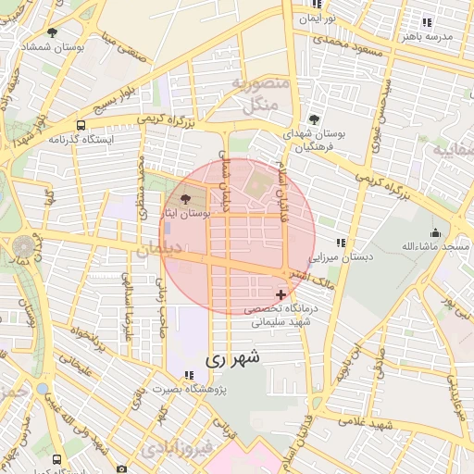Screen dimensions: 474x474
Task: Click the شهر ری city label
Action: [232, 356]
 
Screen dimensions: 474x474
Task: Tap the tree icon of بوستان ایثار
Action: [185, 199]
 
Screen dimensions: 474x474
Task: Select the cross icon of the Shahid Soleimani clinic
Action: [281, 294]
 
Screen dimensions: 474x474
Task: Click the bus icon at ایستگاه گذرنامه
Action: [81, 125]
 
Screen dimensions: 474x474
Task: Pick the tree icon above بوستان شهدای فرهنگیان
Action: [314, 119]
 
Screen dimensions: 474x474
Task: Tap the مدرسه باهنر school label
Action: [426, 35]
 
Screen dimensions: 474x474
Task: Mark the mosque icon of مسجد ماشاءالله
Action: [435, 232]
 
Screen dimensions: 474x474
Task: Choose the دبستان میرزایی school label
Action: [341, 256]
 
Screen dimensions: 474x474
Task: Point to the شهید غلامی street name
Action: [391, 422]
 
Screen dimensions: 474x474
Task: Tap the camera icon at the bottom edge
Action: [122, 468]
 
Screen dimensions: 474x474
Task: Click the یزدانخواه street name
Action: [93, 343]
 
